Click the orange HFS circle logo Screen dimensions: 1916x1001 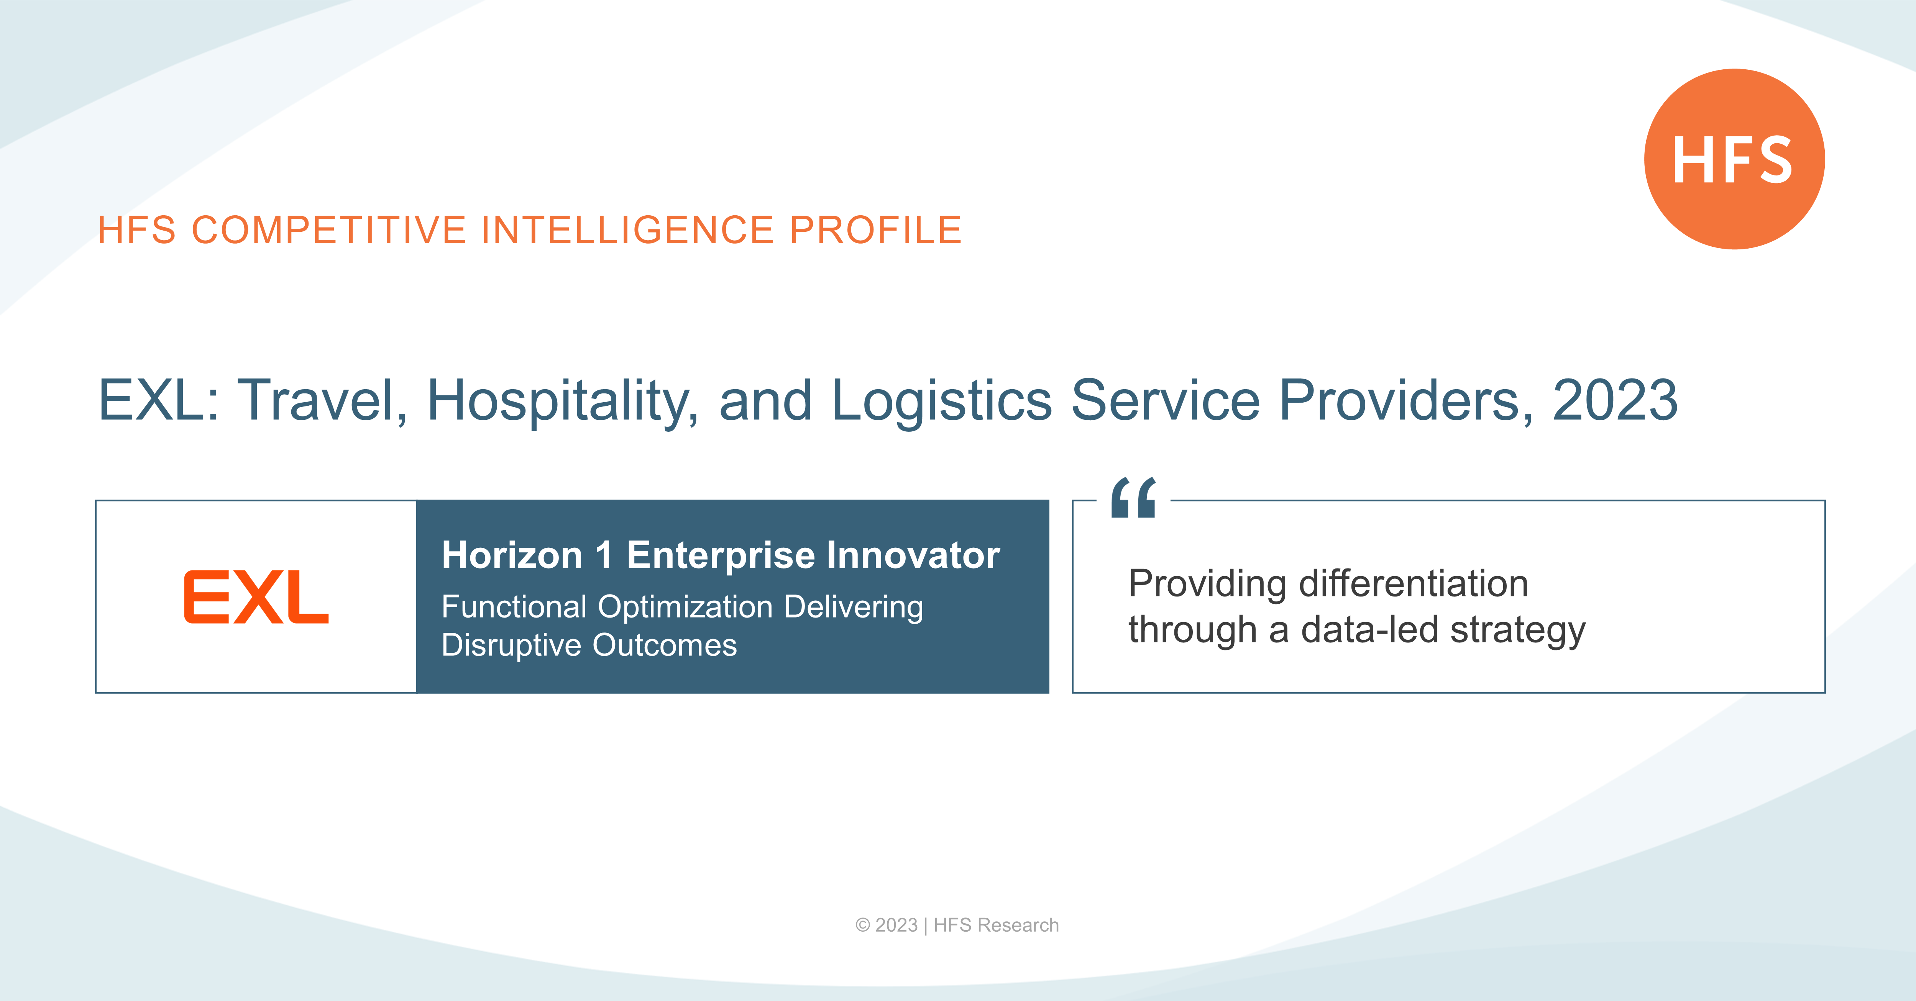pos(1734,159)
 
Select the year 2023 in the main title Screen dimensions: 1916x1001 pos(1615,400)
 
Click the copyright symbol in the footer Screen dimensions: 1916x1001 pos(863,925)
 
